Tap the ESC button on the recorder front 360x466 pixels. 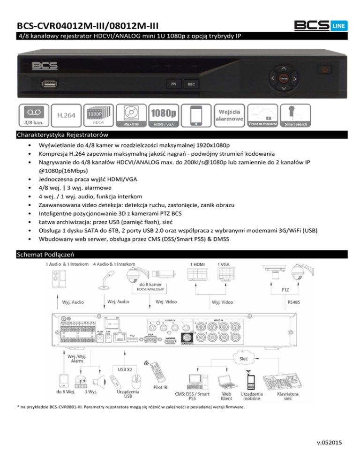pyautogui.click(x=191, y=84)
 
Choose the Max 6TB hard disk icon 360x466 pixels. pyautogui.click(x=132, y=115)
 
